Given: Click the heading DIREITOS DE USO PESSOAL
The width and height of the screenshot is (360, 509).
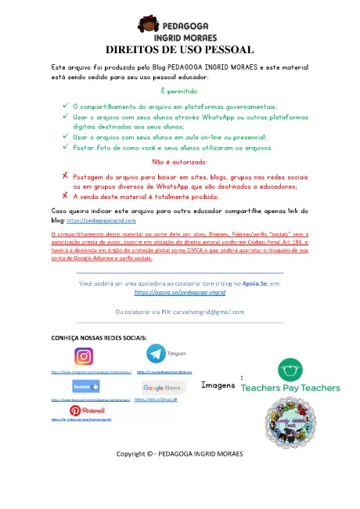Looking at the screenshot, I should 181,49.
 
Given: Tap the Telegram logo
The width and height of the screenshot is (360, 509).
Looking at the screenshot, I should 160,354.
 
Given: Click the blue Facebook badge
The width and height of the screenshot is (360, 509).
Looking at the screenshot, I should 85,387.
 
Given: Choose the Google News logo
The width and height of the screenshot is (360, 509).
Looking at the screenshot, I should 165,388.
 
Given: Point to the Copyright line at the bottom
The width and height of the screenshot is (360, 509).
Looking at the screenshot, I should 179,475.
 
